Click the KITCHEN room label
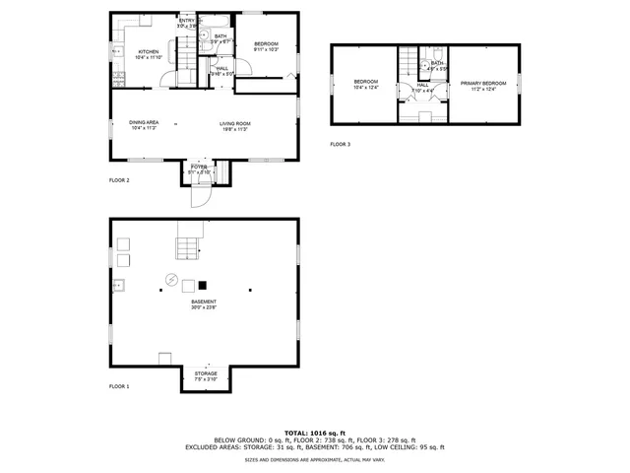[149, 52]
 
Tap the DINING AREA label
[144, 123]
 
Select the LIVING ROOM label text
[234, 123]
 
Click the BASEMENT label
[205, 303]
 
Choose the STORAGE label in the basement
[205, 373]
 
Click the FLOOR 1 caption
[119, 387]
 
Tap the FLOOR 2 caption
[119, 180]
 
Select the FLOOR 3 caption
[341, 145]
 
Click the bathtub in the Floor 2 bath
[216, 20]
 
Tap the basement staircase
[188, 240]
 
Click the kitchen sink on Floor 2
[116, 48]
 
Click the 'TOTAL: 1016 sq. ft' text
[315, 433]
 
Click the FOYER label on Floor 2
[199, 168]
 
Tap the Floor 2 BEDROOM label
[266, 44]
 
